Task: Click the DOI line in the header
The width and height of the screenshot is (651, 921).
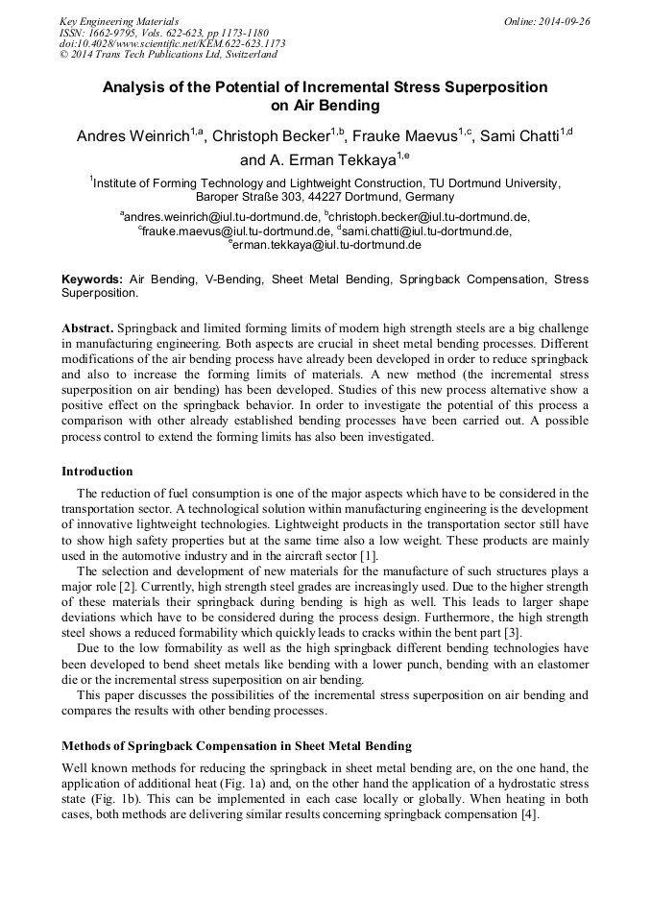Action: pyautogui.click(x=172, y=43)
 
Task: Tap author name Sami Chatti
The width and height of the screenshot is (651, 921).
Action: pyautogui.click(x=518, y=136)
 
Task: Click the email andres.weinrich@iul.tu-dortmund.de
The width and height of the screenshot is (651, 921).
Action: pyautogui.click(x=222, y=218)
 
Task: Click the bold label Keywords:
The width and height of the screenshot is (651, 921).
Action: pyautogui.click(x=92, y=279)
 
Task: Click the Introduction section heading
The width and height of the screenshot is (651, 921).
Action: pyautogui.click(x=97, y=472)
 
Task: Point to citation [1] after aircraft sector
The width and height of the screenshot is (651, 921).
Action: pyautogui.click(x=369, y=557)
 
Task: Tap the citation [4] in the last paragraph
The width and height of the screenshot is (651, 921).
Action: pyautogui.click(x=529, y=814)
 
